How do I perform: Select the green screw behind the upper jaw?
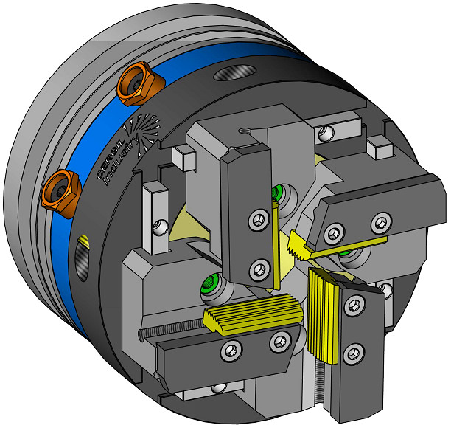(x=278, y=193)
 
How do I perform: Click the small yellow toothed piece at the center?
(x=298, y=244)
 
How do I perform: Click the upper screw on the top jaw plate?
(x=258, y=218)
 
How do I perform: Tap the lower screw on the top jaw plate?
(x=257, y=266)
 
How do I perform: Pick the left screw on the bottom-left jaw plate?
(x=231, y=351)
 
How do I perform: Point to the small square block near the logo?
(x=183, y=156)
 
